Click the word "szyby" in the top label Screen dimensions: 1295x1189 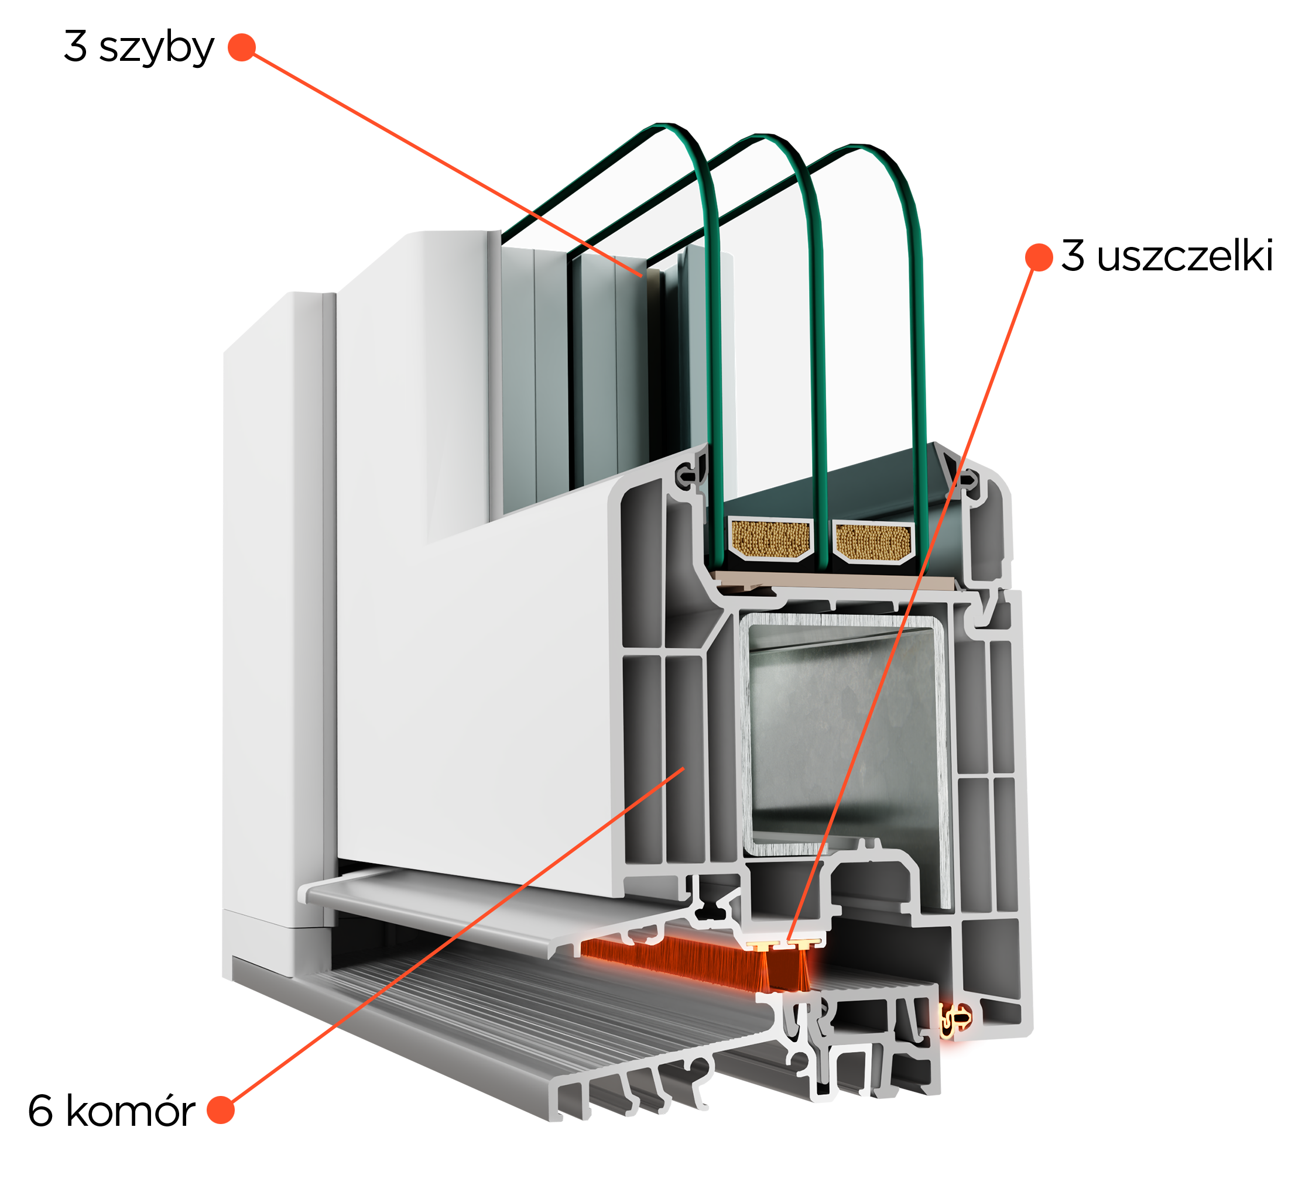(156, 48)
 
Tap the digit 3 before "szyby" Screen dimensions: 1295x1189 (76, 46)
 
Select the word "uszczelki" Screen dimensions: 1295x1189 (1185, 256)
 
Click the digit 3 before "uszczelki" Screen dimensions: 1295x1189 (1073, 255)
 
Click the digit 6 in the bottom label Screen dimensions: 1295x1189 (40, 1111)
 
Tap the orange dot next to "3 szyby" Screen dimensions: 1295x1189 (242, 47)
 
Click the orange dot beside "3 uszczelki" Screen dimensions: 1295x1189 (1039, 257)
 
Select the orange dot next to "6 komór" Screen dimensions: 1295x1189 (221, 1110)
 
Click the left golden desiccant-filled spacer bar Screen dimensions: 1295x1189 (770, 538)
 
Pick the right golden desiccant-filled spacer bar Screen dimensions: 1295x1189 (874, 542)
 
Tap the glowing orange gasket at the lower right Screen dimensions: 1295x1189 (954, 1019)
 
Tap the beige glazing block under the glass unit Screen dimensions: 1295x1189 (837, 582)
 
